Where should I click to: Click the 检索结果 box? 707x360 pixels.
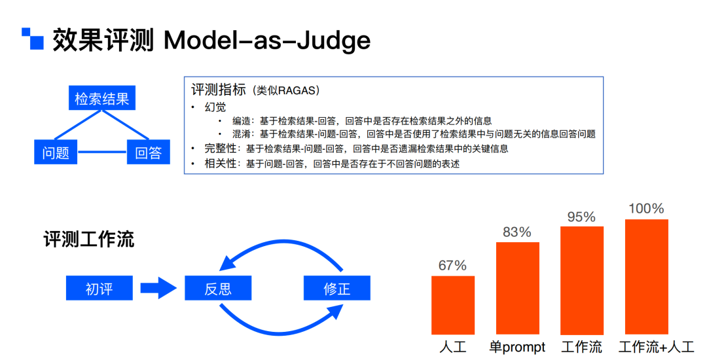click(102, 98)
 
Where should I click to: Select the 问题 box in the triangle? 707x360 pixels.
click(56, 152)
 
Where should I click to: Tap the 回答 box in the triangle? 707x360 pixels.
click(149, 152)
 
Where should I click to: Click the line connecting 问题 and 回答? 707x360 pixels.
click(102, 152)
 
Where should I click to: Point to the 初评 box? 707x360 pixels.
click(100, 288)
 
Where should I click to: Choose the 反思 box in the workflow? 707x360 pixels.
click(218, 288)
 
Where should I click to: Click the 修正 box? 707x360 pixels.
click(337, 288)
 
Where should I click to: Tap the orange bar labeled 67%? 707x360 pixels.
click(453, 305)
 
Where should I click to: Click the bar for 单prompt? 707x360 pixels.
click(518, 289)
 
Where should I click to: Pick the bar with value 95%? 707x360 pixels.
click(582, 280)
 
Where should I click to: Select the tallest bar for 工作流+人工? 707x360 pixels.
click(647, 277)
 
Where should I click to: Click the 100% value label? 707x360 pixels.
click(647, 209)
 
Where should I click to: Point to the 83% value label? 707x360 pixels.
click(517, 232)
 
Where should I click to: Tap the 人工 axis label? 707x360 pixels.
click(453, 347)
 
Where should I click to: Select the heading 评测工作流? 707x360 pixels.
click(89, 239)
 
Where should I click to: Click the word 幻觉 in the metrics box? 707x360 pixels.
click(215, 107)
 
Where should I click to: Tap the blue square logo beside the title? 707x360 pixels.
click(33, 39)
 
